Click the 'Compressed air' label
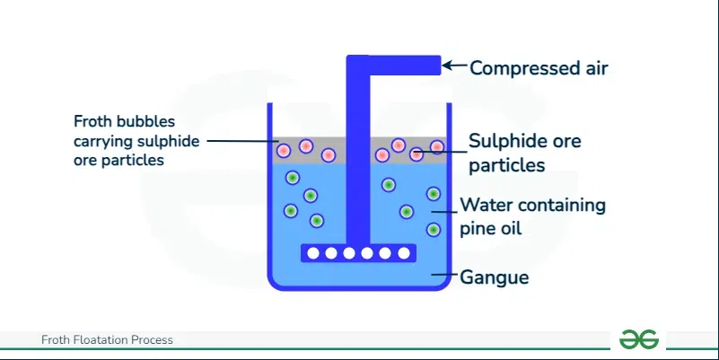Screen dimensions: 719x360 click(x=539, y=68)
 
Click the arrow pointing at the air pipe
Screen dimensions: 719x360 click(x=454, y=66)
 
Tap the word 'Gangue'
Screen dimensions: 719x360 click(x=495, y=277)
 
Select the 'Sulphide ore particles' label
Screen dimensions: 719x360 click(x=524, y=153)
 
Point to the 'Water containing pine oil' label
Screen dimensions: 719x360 click(x=533, y=216)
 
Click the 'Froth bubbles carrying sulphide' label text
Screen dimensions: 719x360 click(x=136, y=131)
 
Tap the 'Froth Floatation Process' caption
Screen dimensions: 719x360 click(x=107, y=340)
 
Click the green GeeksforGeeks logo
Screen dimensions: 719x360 click(x=639, y=340)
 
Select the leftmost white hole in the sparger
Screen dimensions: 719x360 click(x=313, y=253)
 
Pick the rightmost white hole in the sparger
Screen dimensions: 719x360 click(x=404, y=253)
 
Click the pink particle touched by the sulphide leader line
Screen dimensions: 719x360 click(x=416, y=154)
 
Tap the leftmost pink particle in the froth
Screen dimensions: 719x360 click(x=284, y=151)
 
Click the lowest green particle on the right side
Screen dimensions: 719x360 click(x=434, y=230)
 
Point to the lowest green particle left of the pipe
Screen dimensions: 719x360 click(x=316, y=221)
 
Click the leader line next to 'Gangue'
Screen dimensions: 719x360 click(x=445, y=275)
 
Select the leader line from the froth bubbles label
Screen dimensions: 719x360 click(x=242, y=141)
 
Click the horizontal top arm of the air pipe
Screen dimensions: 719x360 click(x=393, y=65)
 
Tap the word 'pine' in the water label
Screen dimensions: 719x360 click(x=474, y=228)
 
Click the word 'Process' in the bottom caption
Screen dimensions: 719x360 click(x=152, y=340)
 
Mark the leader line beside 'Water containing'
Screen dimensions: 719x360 click(x=443, y=212)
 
